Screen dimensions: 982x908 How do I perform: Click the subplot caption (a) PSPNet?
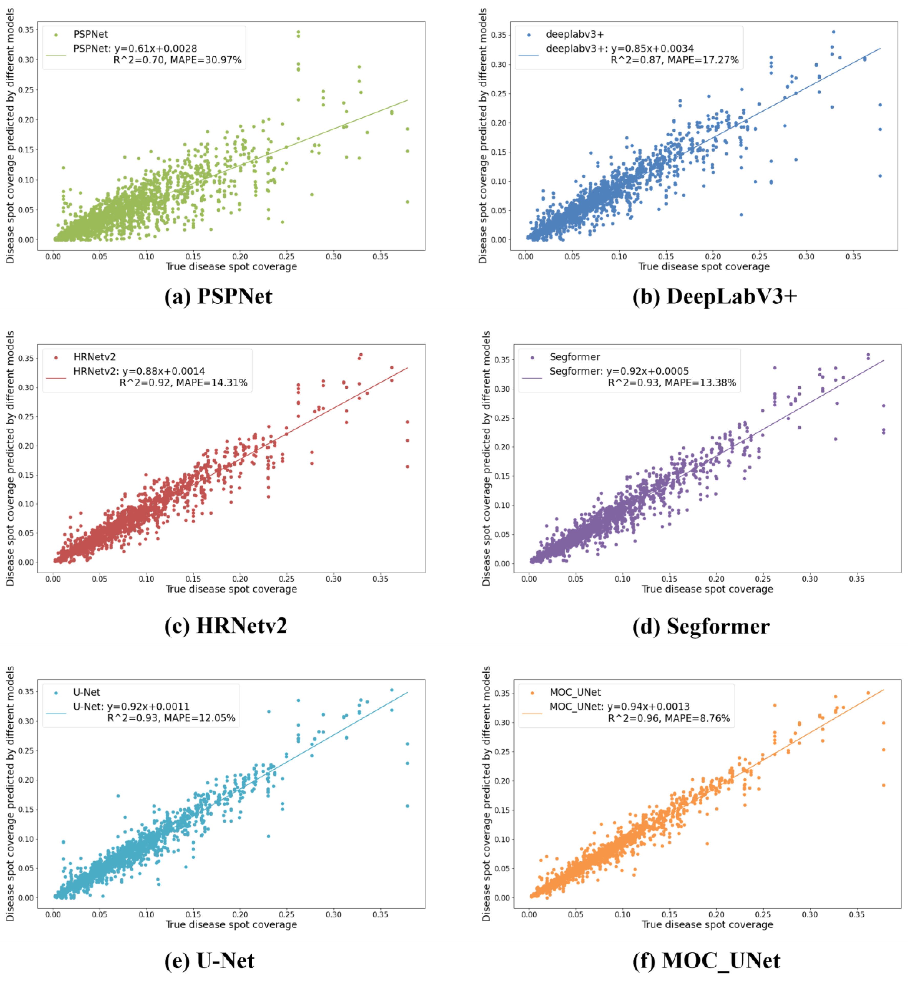coord(218,296)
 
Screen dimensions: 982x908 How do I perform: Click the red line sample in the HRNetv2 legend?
coord(56,378)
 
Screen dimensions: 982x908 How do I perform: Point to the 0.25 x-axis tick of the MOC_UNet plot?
coord(763,915)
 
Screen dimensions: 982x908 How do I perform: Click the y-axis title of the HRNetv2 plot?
coord(10,458)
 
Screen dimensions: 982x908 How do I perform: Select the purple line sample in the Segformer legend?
coord(532,378)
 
